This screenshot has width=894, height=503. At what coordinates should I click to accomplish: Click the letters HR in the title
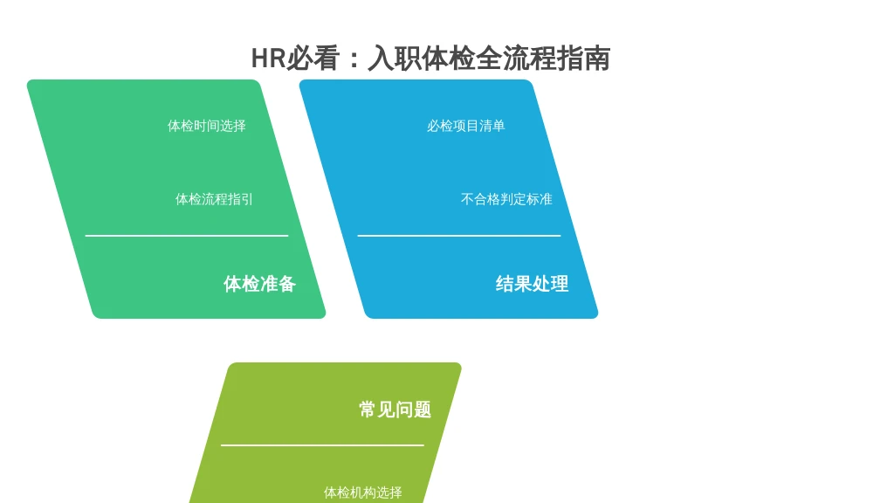click(x=268, y=59)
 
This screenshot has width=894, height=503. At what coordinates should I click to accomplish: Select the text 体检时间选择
click(x=206, y=126)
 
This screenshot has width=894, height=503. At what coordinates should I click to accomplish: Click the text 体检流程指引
click(x=214, y=199)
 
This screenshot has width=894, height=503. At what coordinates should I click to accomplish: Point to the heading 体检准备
click(x=259, y=284)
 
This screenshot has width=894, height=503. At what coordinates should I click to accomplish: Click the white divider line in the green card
click(x=187, y=235)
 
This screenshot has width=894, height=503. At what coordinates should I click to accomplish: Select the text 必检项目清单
click(x=466, y=126)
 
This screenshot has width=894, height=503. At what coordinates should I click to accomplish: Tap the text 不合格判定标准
click(x=506, y=199)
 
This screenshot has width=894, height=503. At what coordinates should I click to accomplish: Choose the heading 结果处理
click(x=532, y=284)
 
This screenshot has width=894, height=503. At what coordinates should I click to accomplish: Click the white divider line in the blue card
click(x=459, y=235)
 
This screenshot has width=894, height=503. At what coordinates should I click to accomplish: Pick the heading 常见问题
click(x=395, y=410)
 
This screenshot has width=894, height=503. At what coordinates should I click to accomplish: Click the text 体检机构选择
click(x=362, y=493)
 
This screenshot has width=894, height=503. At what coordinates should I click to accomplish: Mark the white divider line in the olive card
click(x=322, y=444)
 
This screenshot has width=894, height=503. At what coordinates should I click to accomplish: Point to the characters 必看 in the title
click(x=313, y=59)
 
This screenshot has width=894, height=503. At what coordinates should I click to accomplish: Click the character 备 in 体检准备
click(x=286, y=284)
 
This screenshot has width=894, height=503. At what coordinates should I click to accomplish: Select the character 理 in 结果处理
click(x=560, y=284)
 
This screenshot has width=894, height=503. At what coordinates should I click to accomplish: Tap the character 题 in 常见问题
click(x=423, y=410)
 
